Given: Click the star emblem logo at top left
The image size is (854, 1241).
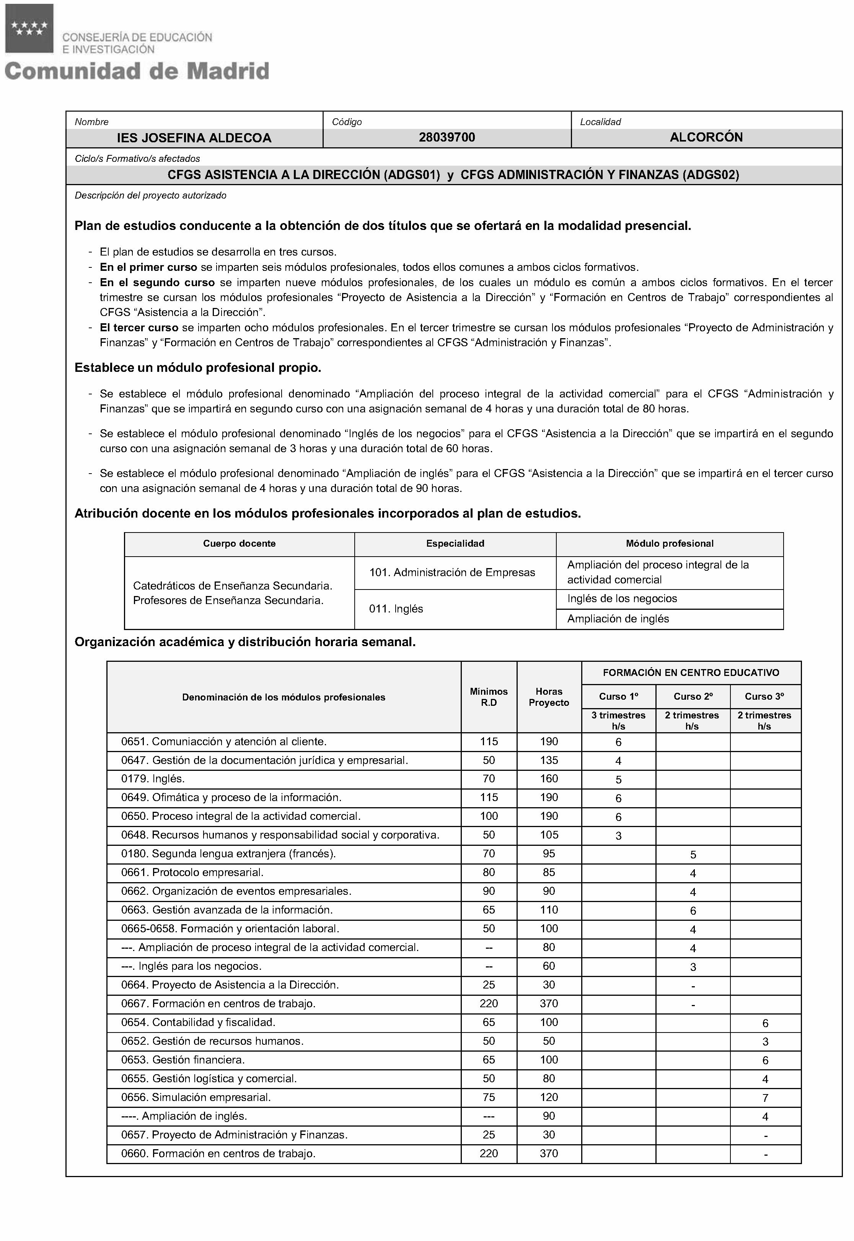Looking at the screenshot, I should pos(29,28).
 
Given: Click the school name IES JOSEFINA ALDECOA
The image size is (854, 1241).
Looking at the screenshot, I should pos(194,138).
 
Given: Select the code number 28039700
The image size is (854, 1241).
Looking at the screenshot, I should pos(447,137).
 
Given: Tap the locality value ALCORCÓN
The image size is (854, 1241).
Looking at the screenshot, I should pos(706,137).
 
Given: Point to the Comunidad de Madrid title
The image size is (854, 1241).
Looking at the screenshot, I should pos(137,71).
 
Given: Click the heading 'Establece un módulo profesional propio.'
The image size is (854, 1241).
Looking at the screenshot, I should pos(198,368).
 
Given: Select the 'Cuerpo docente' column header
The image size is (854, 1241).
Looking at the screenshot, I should pos(239,544).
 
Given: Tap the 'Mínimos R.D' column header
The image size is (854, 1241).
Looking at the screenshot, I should pos(489,697).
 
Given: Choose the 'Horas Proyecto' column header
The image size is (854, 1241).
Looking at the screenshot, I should pos(549,697).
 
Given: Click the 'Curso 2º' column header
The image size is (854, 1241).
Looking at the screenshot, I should pos(693,697).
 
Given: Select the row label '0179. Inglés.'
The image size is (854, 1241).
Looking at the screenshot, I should pos(153,779).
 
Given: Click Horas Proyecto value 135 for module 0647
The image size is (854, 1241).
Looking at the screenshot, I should pos(549,760).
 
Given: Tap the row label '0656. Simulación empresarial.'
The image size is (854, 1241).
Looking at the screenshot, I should pos(196,1097).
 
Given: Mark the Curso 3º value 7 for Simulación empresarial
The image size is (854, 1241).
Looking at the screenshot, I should pos(765,1098).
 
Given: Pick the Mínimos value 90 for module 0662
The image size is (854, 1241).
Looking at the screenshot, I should pos(489,891).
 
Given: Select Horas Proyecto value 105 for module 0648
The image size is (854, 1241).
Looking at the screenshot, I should pos(549,835).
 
